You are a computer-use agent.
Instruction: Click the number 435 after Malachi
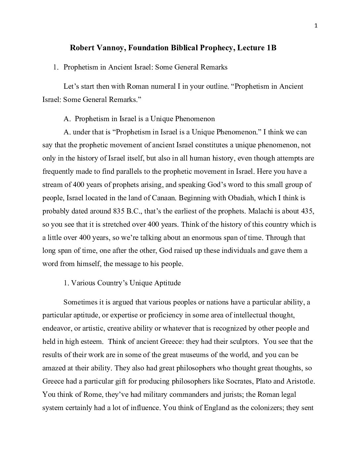point(308,211)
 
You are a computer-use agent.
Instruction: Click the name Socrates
point(239,381)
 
